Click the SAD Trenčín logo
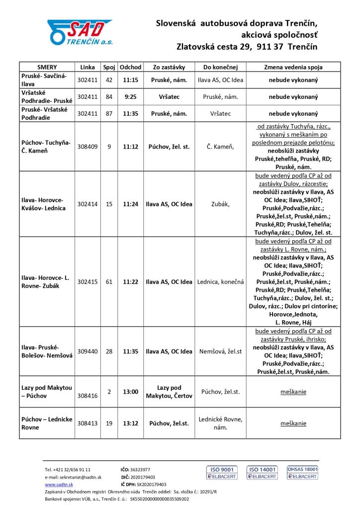tap(81, 33)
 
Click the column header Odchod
tap(131, 67)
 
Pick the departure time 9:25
tap(131, 96)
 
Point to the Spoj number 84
tap(109, 96)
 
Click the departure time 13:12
tap(131, 424)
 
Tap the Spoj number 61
tap(109, 282)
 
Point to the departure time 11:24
tap(131, 204)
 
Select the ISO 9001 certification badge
tap(222, 473)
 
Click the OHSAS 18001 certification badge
tap(302, 473)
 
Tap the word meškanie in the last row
tap(293, 424)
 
